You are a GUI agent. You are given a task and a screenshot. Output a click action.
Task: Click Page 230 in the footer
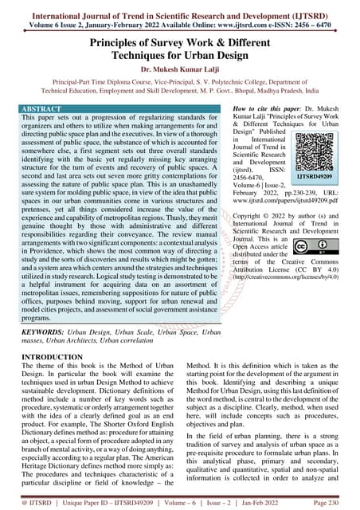coord(338,503)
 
